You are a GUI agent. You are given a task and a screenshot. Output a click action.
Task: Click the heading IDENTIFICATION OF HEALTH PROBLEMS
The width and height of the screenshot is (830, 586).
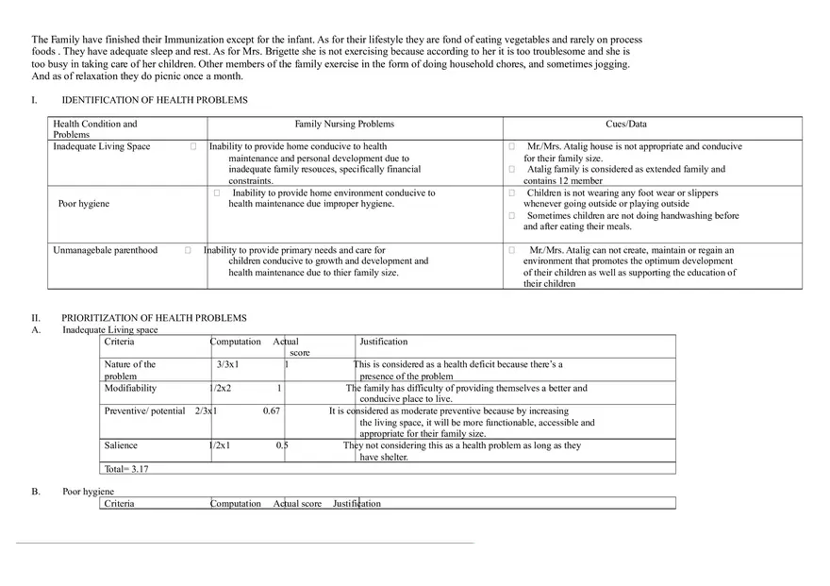[155, 100]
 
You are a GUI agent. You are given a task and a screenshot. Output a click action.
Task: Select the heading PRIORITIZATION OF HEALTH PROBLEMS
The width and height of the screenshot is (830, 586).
[154, 318]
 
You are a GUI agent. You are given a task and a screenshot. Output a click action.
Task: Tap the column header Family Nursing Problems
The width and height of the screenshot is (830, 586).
[344, 124]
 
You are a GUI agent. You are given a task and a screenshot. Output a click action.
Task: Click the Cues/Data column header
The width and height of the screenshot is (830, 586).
[626, 124]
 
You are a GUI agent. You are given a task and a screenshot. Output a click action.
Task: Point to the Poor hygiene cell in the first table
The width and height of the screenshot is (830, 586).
[84, 204]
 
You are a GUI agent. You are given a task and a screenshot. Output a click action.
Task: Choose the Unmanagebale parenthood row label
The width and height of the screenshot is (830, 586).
[106, 250]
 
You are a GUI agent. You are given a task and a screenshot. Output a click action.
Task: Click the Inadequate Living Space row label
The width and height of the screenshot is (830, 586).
[102, 146]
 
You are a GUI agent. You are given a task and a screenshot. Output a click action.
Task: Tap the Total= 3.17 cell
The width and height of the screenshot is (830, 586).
[126, 468]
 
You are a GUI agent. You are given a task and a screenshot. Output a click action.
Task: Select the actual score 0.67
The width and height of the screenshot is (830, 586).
[272, 411]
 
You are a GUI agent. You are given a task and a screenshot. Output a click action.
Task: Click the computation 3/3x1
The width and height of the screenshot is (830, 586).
[227, 364]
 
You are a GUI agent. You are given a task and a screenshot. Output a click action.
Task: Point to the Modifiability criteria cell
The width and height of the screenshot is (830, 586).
[131, 388]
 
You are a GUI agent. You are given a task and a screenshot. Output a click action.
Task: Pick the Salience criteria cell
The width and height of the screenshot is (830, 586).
[121, 445]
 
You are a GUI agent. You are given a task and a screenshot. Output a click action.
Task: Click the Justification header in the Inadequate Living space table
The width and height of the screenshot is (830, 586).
[383, 342]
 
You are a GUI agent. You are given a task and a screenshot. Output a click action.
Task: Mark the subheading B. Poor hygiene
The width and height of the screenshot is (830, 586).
[88, 492]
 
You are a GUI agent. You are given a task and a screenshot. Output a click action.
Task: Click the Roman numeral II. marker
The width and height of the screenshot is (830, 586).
[36, 318]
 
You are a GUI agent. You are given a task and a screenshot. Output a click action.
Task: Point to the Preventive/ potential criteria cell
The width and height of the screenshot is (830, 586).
[144, 411]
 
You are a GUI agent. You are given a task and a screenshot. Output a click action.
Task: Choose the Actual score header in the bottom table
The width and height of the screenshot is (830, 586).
[297, 504]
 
